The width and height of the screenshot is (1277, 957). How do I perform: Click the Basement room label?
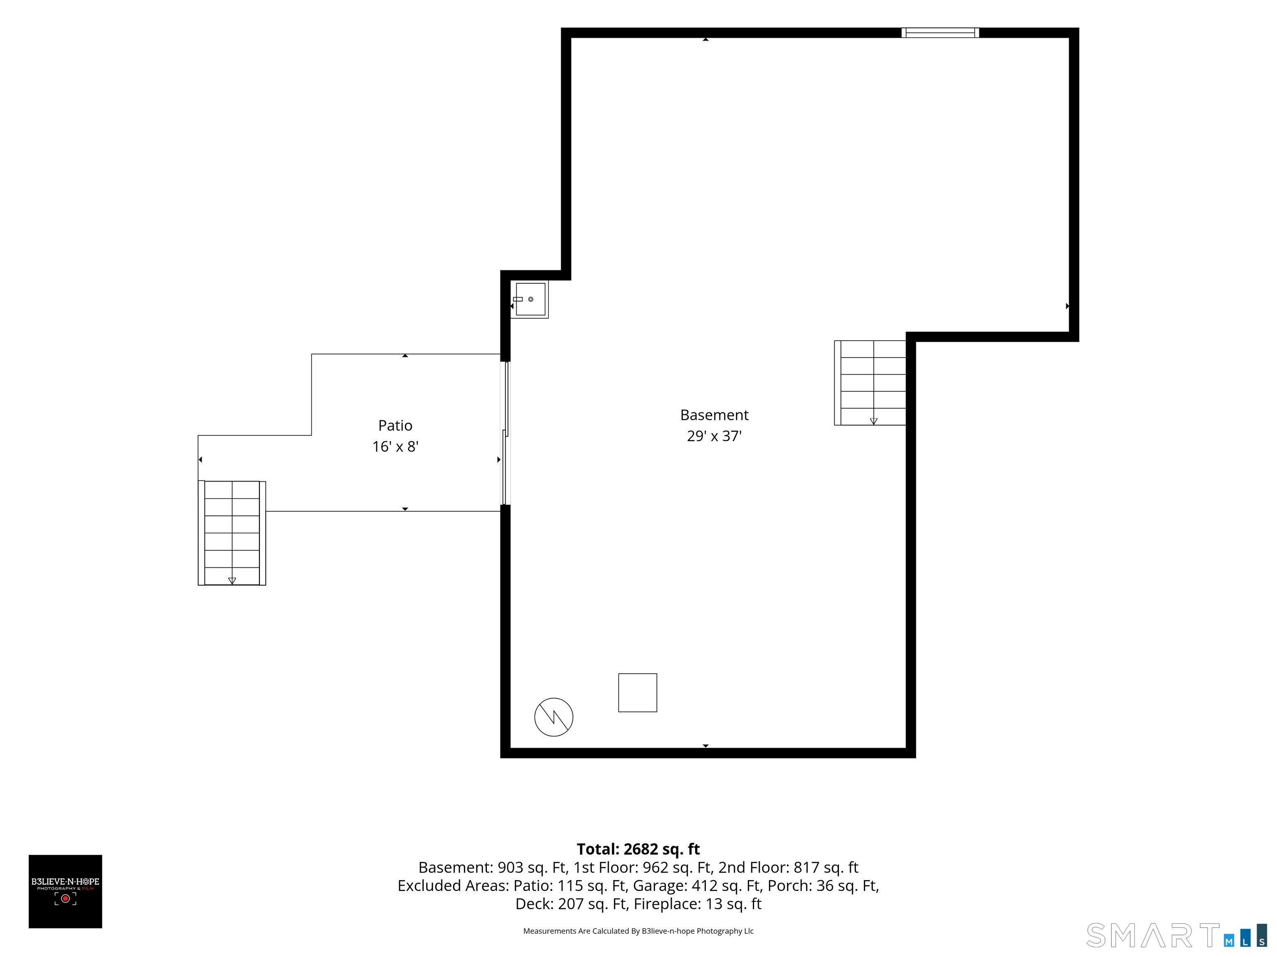714,415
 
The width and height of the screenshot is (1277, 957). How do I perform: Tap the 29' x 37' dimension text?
714,436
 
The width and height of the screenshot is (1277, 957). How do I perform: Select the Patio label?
395,425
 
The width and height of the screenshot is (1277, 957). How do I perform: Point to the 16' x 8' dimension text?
395,447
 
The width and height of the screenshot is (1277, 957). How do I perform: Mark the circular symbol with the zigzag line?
554,717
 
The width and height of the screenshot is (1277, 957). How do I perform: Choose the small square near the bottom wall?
637,692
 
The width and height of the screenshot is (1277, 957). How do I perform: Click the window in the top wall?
940,32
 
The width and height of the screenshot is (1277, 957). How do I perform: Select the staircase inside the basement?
870,383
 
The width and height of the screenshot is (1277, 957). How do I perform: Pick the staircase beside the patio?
232,532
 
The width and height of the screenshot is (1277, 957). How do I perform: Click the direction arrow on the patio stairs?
232,580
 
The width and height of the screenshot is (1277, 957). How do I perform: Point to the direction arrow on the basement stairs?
873,421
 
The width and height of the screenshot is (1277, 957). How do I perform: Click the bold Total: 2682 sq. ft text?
638,849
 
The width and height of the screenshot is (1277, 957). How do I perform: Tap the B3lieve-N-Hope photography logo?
65,891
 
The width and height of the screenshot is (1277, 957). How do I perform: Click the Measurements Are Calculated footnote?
638,930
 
